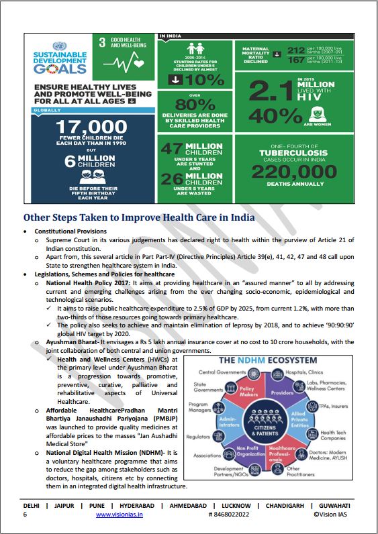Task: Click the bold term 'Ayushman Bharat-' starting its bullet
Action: [72, 342]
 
